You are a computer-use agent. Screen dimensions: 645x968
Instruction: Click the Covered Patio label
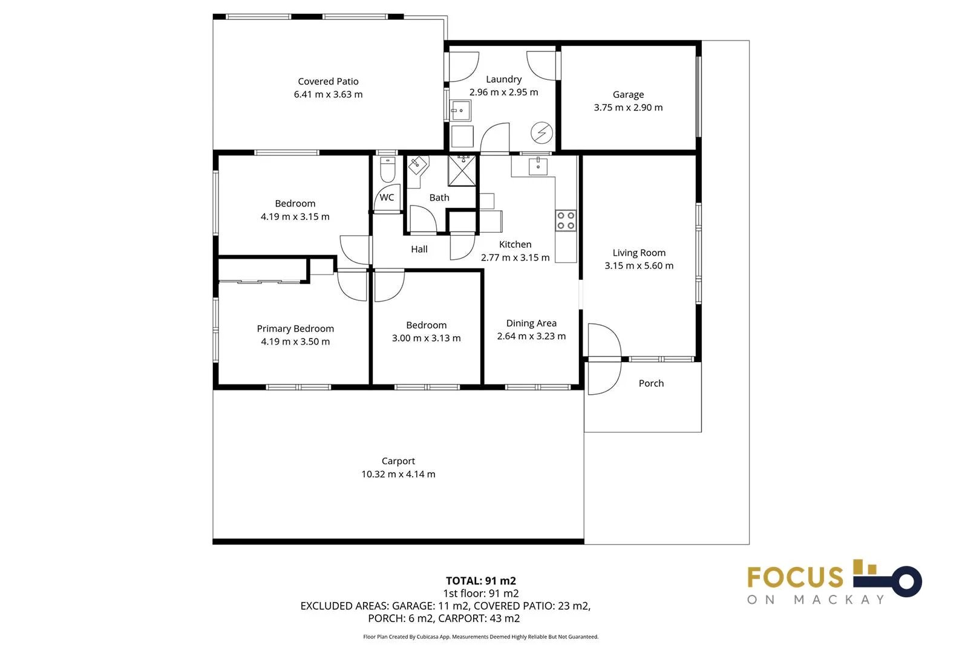tap(328, 81)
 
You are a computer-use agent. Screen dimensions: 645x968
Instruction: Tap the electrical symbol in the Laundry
tap(541, 132)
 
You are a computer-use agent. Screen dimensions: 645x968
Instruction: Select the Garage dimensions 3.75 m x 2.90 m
tap(628, 108)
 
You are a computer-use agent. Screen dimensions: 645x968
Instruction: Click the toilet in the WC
tap(387, 169)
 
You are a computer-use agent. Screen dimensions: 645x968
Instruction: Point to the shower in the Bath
tap(462, 170)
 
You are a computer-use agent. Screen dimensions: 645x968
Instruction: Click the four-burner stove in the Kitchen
tap(566, 221)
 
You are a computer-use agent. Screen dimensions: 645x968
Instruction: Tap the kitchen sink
tap(538, 166)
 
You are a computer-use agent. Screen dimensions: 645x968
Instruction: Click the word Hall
tap(419, 249)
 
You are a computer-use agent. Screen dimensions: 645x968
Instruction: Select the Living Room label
tap(638, 253)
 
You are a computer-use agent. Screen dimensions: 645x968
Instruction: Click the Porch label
tap(651, 383)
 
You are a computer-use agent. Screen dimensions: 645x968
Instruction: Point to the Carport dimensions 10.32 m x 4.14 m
tap(398, 475)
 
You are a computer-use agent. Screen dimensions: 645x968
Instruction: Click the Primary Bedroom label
tap(295, 328)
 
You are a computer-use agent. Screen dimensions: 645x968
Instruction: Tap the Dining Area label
tap(531, 323)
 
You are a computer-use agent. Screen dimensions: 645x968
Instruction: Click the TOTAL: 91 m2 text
tap(480, 581)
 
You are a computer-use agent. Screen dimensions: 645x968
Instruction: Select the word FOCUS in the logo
tap(794, 578)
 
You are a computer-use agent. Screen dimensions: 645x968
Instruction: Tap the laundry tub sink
tap(460, 111)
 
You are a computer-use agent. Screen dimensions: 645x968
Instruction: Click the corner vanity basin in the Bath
tap(417, 164)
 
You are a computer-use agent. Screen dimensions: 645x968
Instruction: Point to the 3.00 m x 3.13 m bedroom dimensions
tap(426, 339)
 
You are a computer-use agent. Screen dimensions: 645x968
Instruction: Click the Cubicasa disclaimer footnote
tap(480, 637)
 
